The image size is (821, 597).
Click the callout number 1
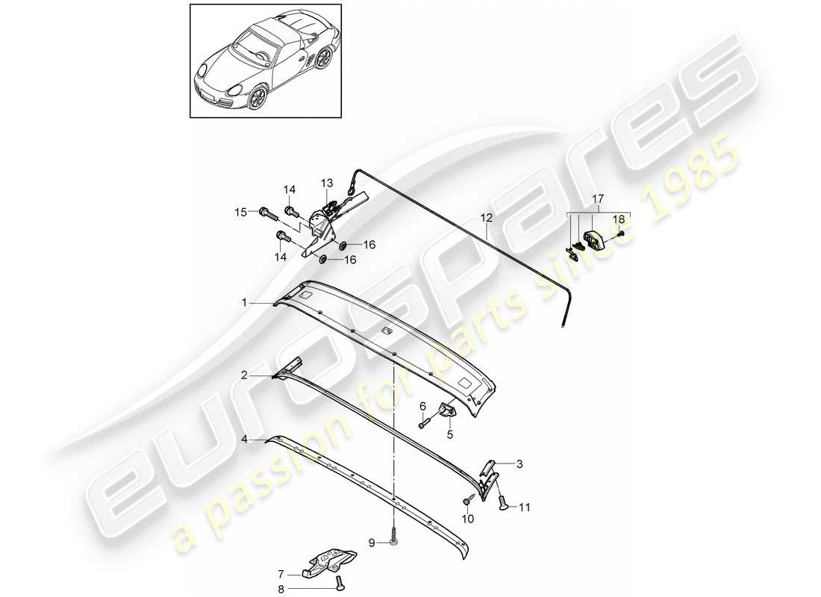243,302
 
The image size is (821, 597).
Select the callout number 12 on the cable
487,219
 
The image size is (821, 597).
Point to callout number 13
327,183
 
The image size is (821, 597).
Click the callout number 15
240,213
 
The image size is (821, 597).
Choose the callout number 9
371,543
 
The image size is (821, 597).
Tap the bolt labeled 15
268,213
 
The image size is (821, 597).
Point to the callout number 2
243,376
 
